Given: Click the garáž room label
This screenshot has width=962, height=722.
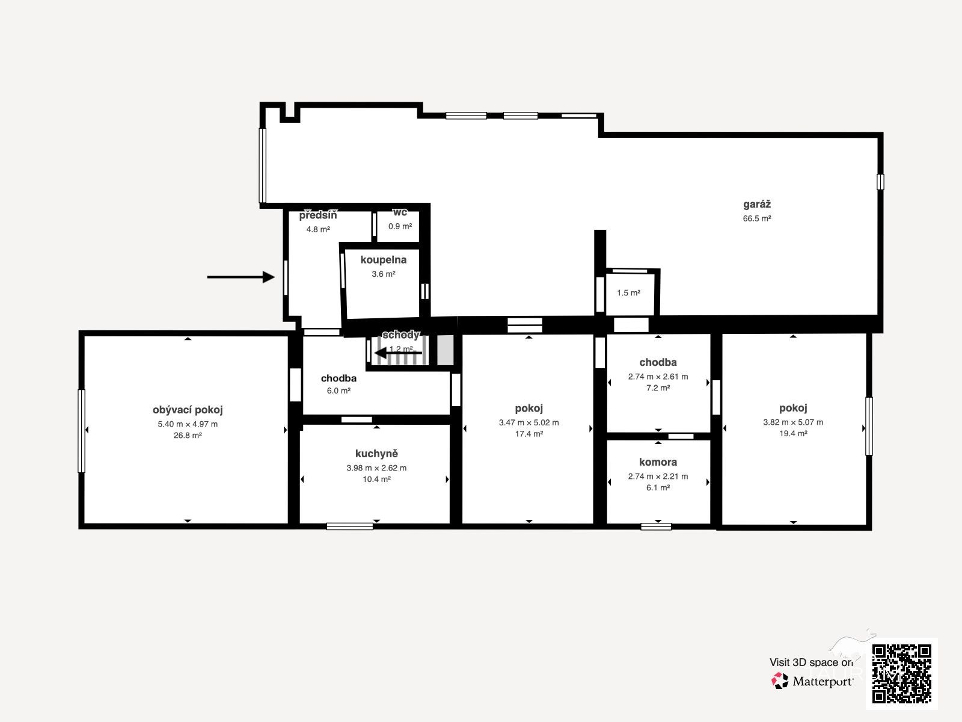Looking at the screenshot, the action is [757, 205].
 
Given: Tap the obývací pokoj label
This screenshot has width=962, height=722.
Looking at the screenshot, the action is [188, 410].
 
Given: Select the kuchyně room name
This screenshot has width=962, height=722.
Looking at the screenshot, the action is [376, 453].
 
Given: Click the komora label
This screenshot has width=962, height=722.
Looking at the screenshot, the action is [658, 462].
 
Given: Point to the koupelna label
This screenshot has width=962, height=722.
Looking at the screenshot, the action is [384, 260].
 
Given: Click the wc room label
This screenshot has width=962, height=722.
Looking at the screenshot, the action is [400, 212].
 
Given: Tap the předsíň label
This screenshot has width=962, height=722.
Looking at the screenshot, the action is [317, 215].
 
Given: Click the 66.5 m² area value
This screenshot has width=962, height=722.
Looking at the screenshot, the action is [757, 218].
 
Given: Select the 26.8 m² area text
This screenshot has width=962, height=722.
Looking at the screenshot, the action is [188, 435].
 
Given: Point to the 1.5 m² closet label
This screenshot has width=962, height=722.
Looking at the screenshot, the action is [628, 293].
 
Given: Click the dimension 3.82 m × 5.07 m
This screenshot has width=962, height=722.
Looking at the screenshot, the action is [793, 422].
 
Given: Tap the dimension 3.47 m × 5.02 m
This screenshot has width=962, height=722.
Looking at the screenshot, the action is [528, 422].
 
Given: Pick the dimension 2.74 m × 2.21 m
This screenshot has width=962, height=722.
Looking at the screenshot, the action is [658, 476].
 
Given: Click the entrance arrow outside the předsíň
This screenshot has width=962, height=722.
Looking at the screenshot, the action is [240, 277].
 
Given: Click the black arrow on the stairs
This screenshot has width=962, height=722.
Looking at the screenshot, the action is [399, 353].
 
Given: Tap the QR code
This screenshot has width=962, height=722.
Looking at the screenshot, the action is [901, 674].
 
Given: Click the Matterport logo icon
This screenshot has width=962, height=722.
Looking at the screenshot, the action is [780, 681].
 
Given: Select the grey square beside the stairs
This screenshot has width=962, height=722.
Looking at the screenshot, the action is [446, 350].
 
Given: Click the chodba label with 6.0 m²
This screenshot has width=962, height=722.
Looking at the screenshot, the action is [339, 378].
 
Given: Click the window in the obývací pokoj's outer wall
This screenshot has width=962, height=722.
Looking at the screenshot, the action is [82, 431].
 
